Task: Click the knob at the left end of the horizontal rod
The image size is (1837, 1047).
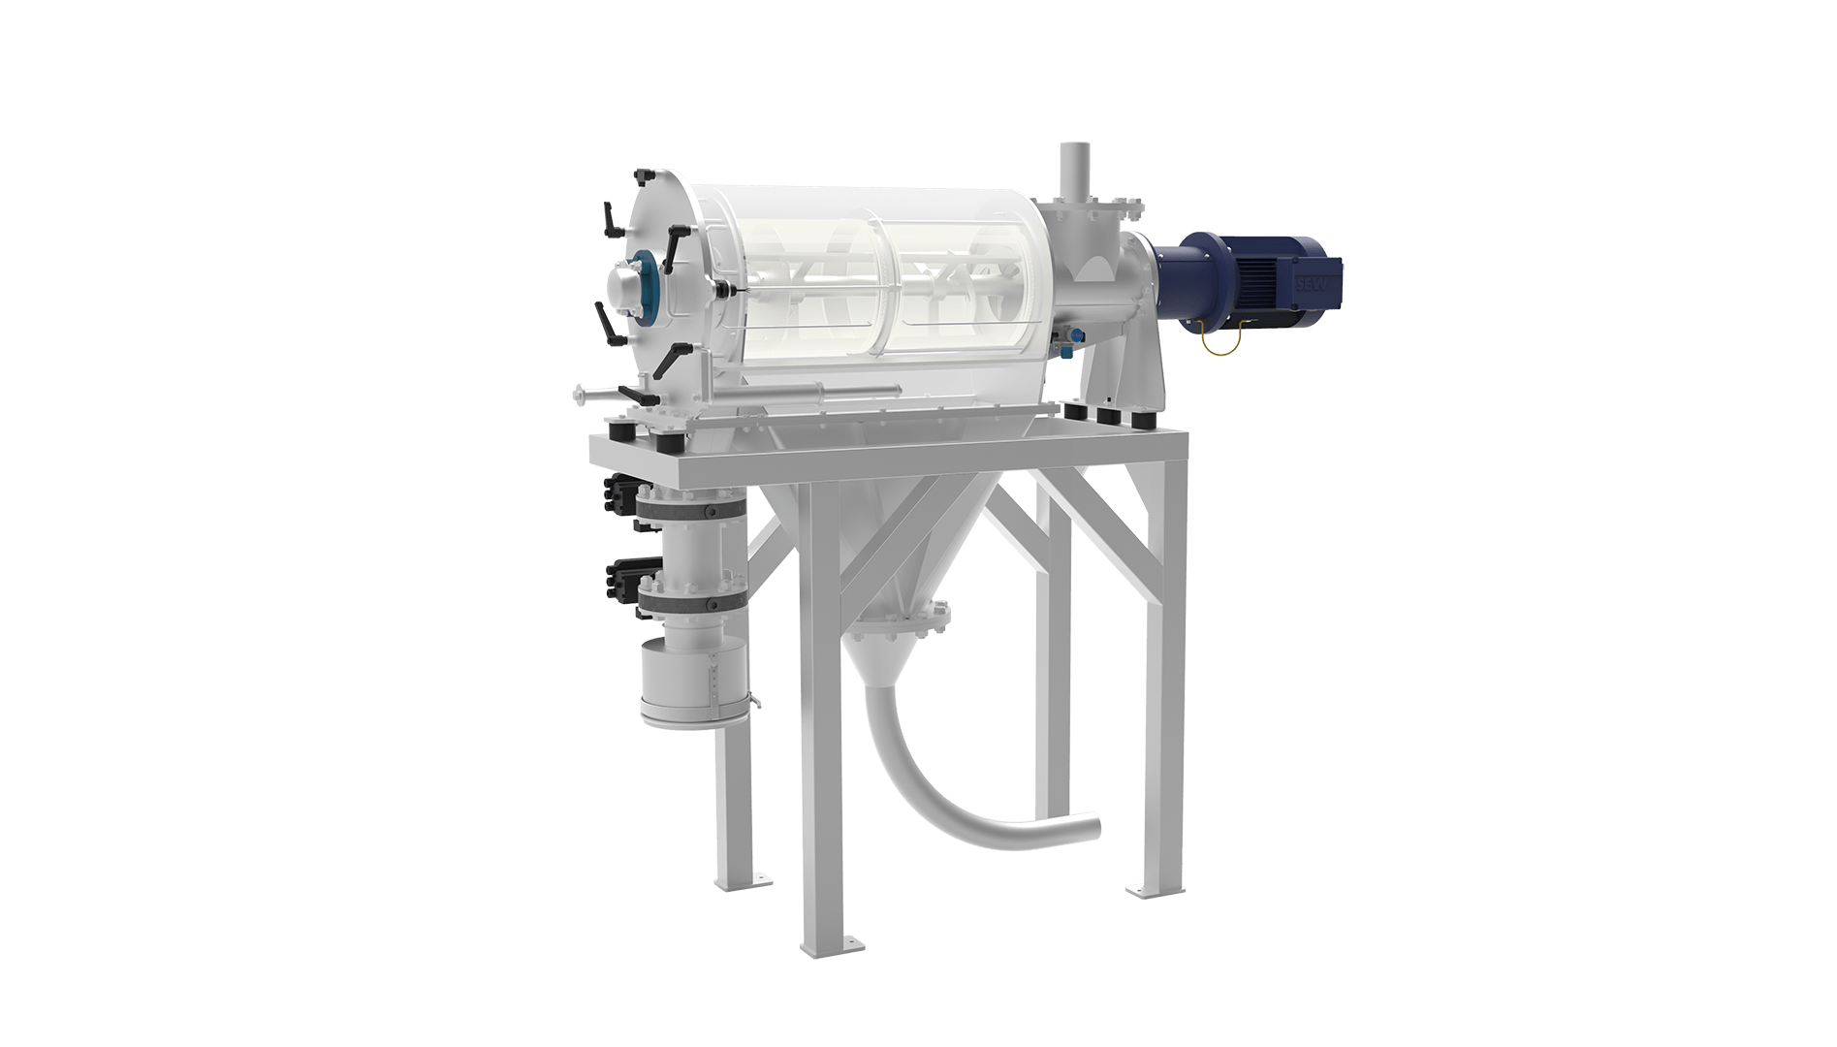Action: coord(580,392)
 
